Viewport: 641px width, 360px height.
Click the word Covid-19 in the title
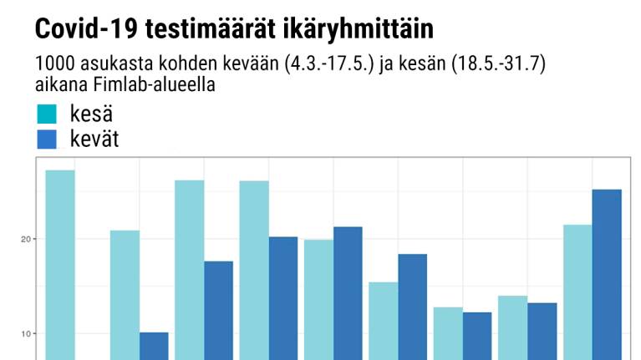tap(85, 29)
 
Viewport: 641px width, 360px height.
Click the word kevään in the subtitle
tap(229, 64)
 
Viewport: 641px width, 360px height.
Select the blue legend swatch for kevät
tap(47, 139)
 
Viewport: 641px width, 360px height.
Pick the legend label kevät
tap(94, 139)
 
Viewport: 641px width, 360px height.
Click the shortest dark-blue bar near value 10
tap(154, 346)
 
